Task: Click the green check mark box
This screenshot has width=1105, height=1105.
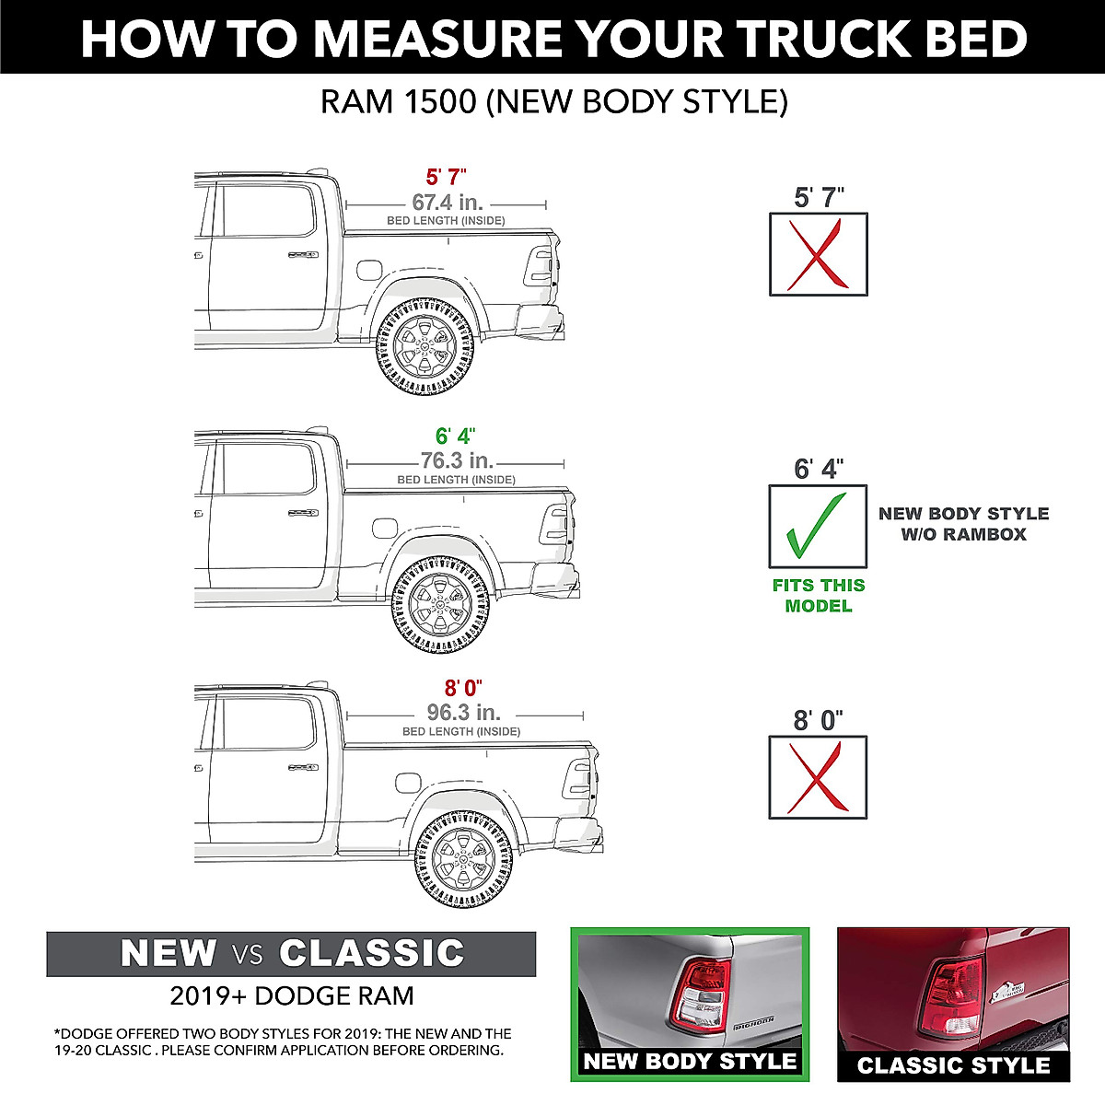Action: pos(818,526)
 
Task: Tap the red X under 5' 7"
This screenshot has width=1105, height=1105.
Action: pos(818,254)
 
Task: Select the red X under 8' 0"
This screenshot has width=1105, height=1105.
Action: pos(818,777)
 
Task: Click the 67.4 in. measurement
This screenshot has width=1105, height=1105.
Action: pos(447,203)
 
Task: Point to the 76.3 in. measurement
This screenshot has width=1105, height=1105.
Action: pos(457,460)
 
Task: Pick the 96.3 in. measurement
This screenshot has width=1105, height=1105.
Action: pos(463,712)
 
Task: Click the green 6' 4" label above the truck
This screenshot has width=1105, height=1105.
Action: pos(456,436)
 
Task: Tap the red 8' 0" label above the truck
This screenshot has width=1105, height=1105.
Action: pos(463,688)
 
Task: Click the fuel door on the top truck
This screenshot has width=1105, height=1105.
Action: pos(367,271)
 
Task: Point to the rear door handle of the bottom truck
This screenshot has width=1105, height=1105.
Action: pos(303,767)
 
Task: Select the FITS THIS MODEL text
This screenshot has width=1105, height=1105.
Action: pos(818,595)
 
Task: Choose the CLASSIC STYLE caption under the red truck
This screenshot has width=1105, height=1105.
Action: pos(953,1065)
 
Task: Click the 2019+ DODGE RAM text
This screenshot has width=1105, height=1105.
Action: pos(291,995)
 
